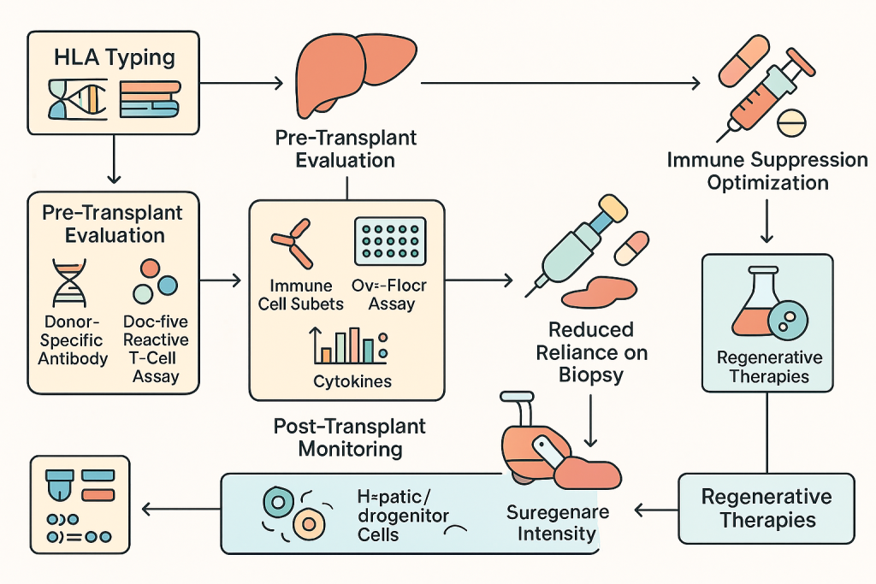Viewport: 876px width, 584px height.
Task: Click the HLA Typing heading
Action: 115,58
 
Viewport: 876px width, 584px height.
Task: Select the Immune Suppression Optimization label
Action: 766,171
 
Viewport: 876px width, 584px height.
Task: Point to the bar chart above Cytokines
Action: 349,344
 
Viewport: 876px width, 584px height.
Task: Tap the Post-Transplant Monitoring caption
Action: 349,436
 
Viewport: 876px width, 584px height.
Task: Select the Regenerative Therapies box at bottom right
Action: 766,508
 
